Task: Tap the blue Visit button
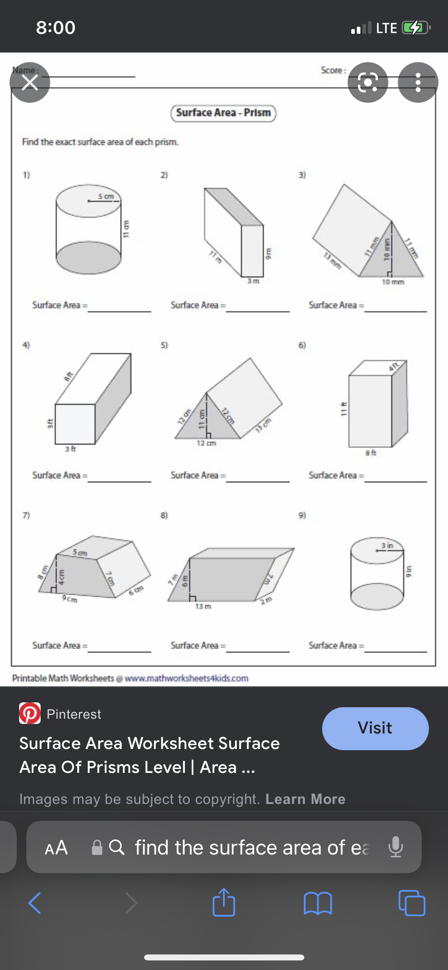375,728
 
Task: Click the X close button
30,82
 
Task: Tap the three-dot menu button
418,82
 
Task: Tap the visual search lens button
368,82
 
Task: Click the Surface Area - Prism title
223,113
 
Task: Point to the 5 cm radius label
106,196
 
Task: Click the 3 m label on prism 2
253,281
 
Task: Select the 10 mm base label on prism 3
393,282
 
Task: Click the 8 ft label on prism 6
371,453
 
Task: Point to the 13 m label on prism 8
203,606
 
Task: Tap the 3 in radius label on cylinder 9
387,546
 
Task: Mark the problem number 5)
164,345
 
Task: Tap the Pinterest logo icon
30,713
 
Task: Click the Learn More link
305,799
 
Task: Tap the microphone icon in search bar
395,847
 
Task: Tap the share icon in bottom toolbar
224,903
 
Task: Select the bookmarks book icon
317,903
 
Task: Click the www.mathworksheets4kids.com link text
186,678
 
